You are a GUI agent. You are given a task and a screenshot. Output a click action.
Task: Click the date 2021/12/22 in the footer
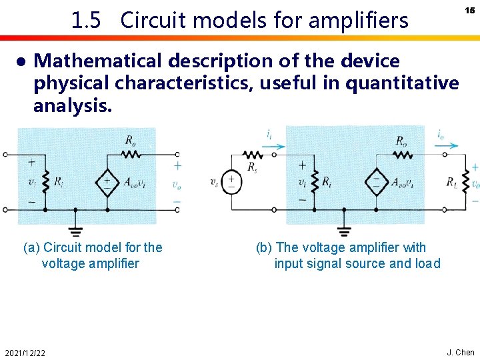click(x=25, y=353)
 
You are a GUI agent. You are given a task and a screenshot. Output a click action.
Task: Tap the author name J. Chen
click(x=460, y=353)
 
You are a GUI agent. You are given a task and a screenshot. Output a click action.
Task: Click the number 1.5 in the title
click(x=86, y=21)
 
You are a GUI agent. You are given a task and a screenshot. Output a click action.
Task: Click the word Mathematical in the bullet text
click(x=99, y=61)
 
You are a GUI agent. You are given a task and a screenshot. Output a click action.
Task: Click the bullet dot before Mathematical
click(x=21, y=61)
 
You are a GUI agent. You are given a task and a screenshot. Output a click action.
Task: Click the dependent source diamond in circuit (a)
click(x=107, y=181)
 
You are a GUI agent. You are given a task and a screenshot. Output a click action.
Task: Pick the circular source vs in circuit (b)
click(x=231, y=181)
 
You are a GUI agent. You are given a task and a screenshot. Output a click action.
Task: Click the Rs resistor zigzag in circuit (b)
click(x=254, y=155)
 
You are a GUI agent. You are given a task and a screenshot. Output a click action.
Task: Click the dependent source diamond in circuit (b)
click(x=376, y=181)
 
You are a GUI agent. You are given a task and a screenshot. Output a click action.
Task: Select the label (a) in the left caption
click(x=31, y=248)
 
